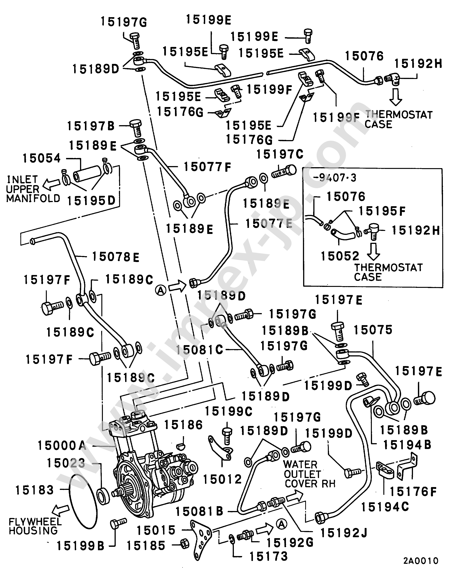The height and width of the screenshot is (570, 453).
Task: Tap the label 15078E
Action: [x=116, y=257]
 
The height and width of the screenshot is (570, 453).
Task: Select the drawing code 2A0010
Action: [x=421, y=561]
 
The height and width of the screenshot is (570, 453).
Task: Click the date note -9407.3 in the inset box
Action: [x=335, y=178]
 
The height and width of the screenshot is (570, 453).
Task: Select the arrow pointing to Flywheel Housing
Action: [x=61, y=510]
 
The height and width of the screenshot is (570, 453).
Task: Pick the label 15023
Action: [x=66, y=463]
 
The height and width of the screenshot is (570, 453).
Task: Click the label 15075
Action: [x=373, y=330]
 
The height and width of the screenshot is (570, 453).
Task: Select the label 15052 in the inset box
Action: [x=340, y=256]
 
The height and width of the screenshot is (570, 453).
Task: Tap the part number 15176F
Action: [x=413, y=492]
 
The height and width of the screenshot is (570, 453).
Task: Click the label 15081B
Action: [x=199, y=511]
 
